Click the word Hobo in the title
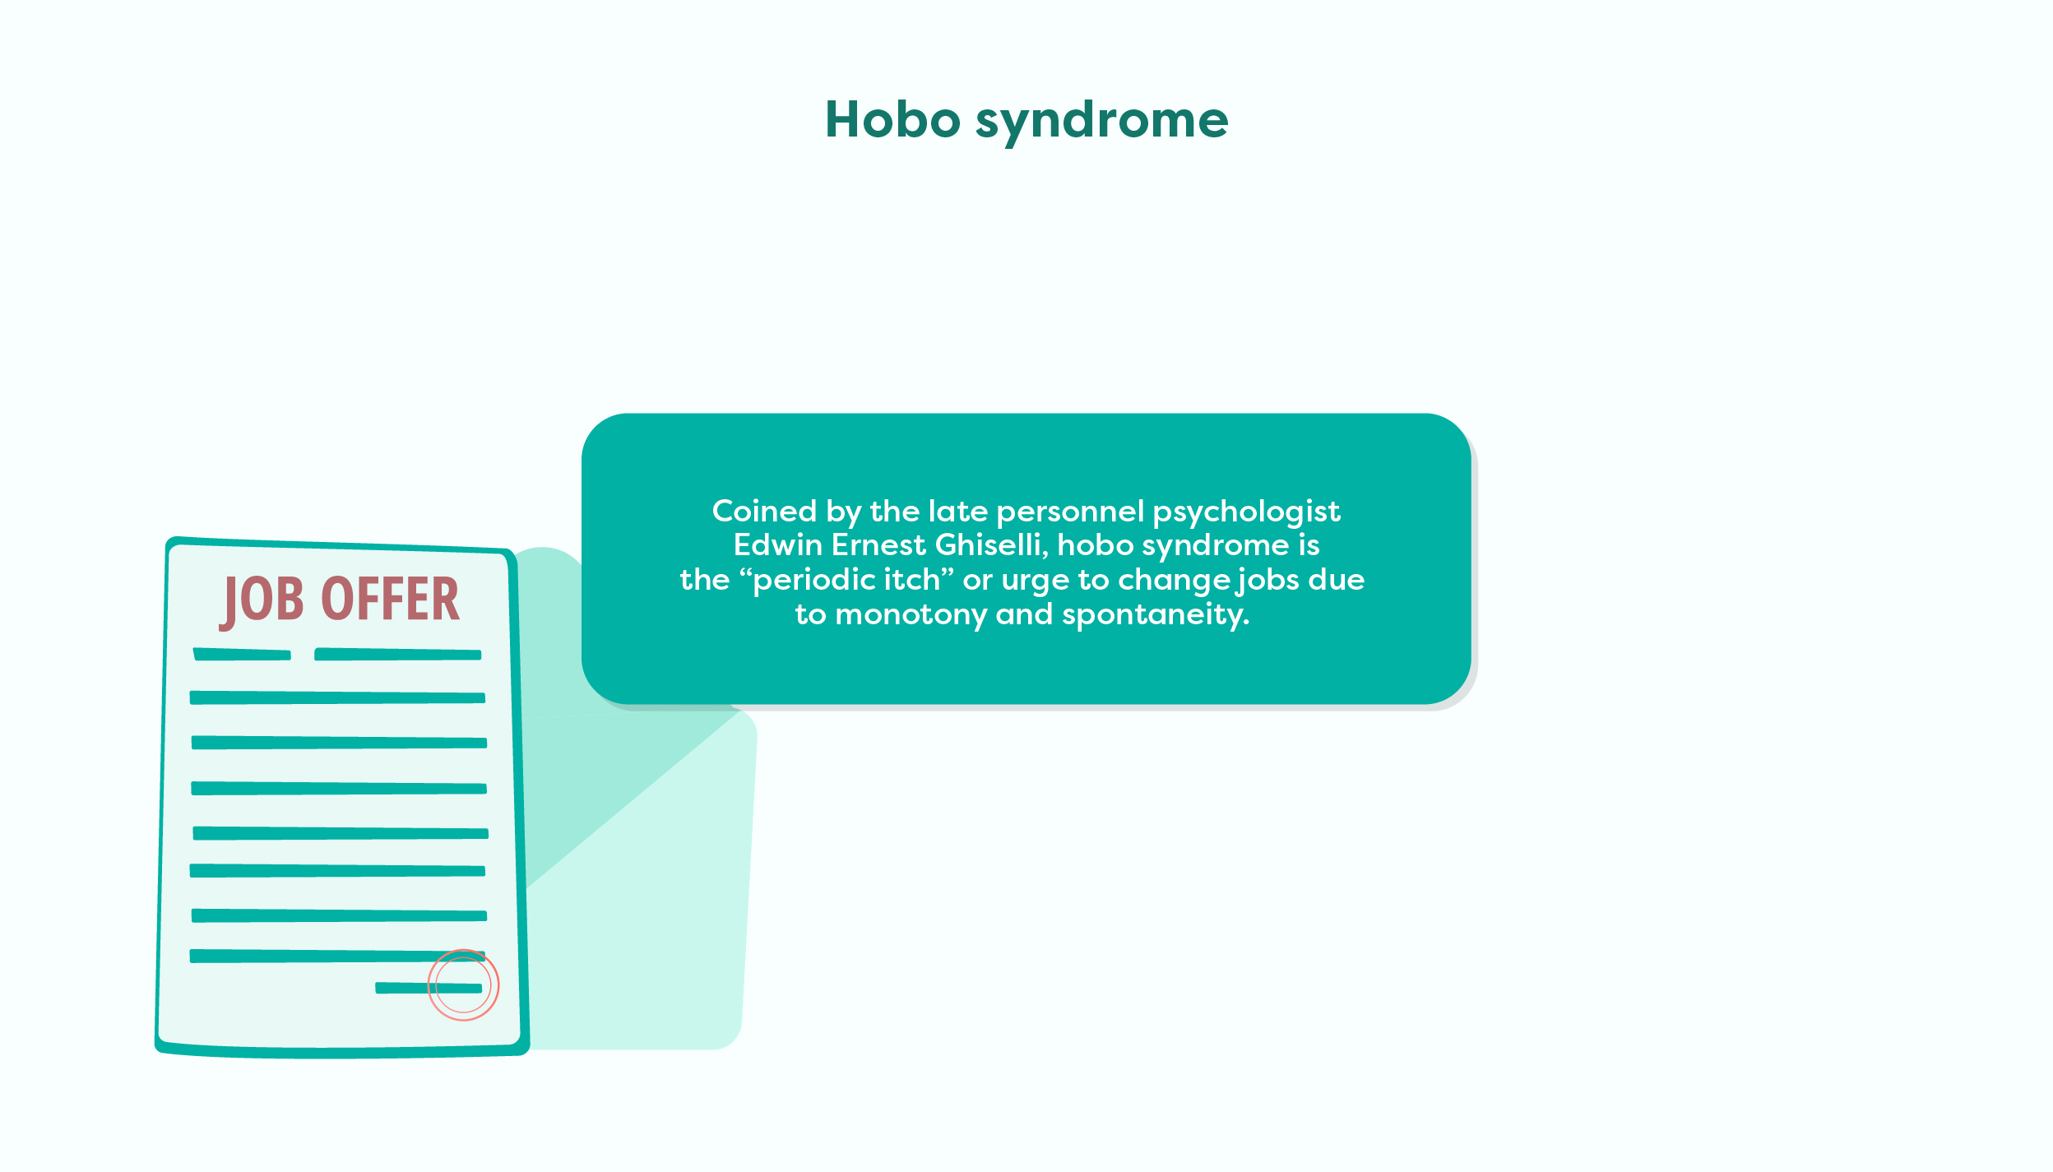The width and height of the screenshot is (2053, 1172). [892, 119]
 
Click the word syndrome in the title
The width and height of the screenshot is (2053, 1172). [1102, 122]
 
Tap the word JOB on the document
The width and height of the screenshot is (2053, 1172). [262, 600]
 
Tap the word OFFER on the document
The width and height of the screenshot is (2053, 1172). [390, 599]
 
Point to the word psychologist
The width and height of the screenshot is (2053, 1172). [1246, 513]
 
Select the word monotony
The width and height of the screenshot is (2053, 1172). [911, 616]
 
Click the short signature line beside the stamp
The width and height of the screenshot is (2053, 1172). [429, 988]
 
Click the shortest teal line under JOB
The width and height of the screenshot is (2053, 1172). [242, 655]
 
